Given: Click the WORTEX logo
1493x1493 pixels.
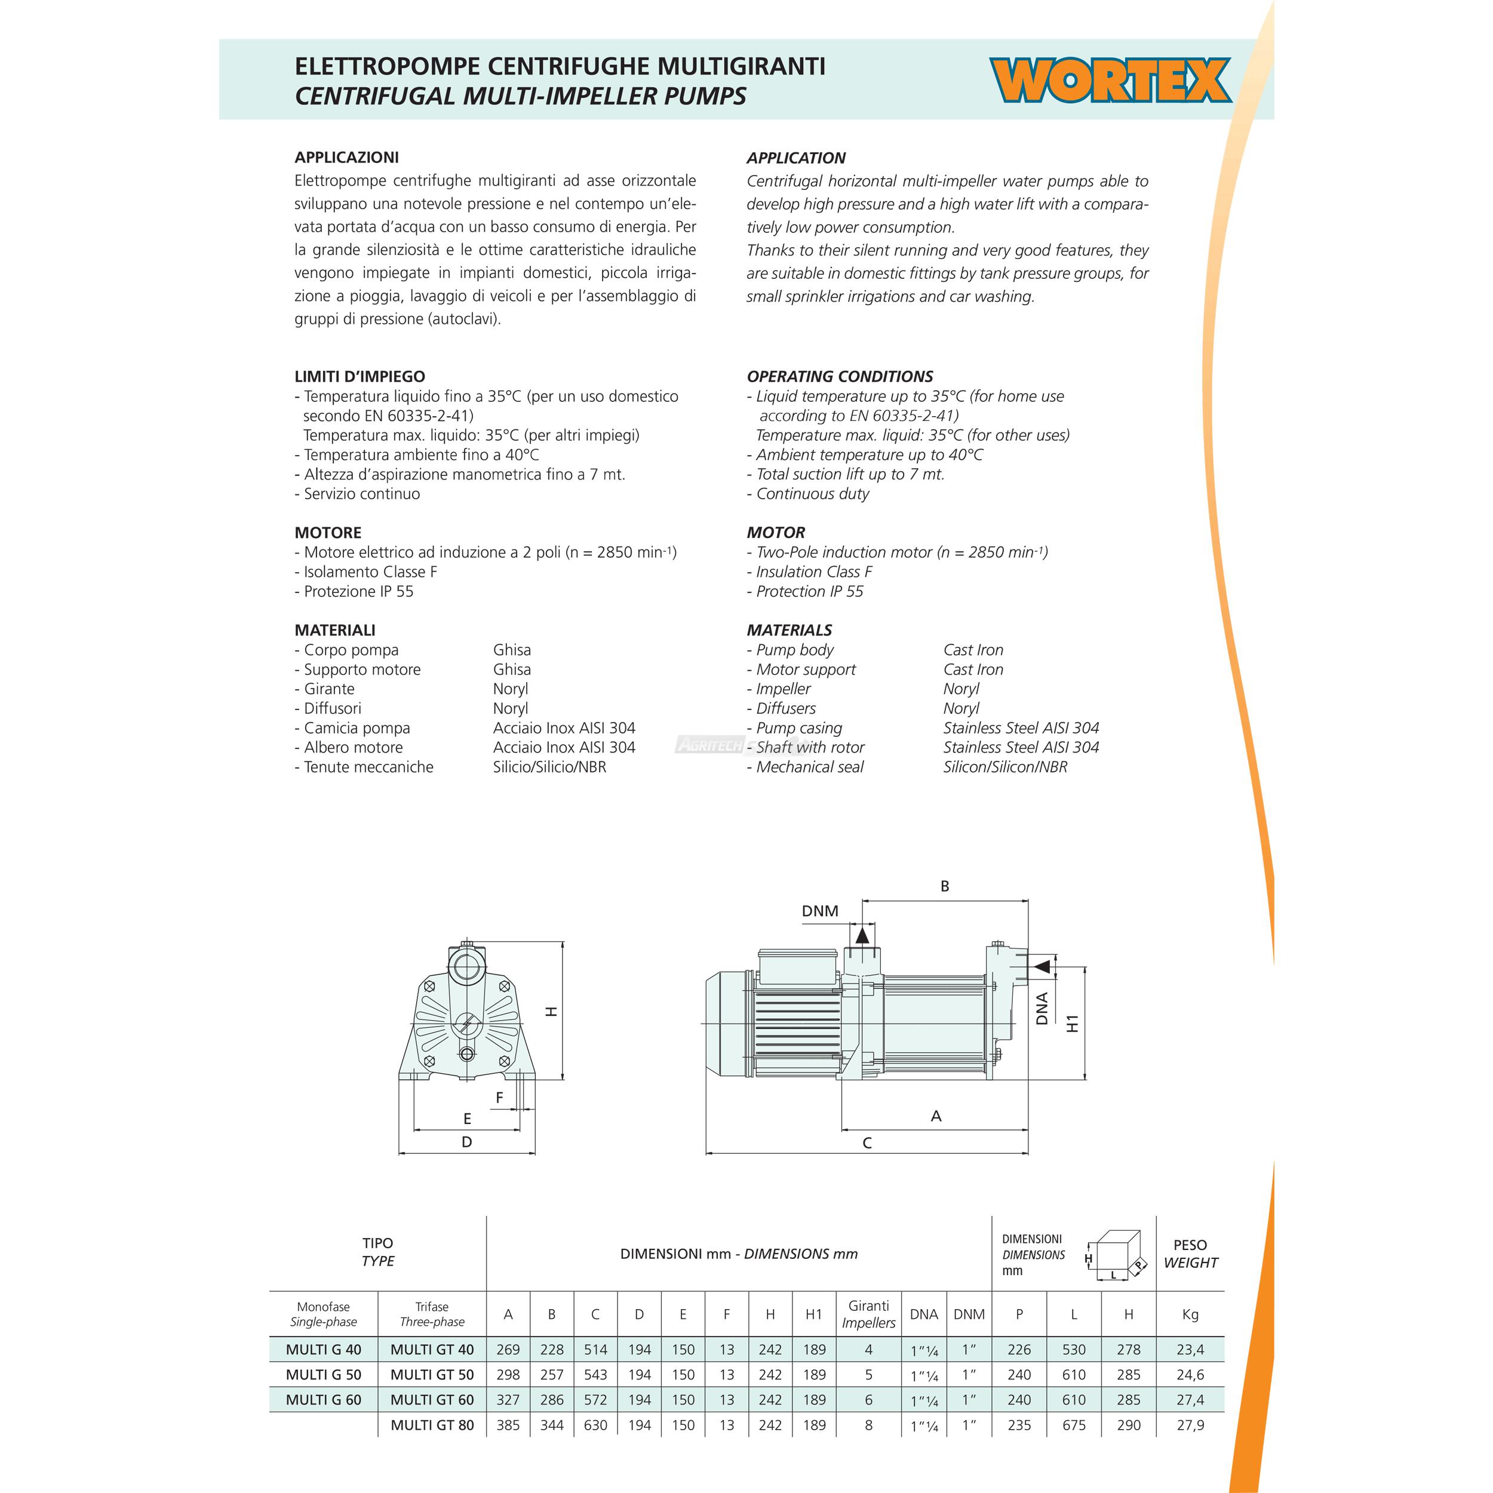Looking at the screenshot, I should point(1110,81).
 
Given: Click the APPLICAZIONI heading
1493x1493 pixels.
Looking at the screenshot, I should point(346,158).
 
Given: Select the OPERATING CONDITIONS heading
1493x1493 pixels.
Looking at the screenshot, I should point(839,376).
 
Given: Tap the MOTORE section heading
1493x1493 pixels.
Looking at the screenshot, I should point(328,533).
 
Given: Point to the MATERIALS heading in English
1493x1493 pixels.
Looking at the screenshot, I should point(789,630).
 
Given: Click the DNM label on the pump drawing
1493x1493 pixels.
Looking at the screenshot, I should point(820,911).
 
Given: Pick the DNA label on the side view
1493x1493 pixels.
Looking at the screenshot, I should point(1042,1009).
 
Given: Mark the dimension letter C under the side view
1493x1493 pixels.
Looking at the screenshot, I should point(867,1143).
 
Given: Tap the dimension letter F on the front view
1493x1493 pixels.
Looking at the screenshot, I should point(499,1097).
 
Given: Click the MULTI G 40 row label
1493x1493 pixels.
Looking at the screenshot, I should point(323,1349).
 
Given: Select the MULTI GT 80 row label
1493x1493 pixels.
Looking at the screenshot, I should point(432,1425).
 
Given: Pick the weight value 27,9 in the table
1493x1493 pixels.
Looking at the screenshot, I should point(1190,1425).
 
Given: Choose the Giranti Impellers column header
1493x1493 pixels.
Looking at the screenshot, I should point(868,1314).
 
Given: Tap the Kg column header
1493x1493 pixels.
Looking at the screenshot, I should point(1190,1314).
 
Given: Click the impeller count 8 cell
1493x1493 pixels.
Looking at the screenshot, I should point(868,1425).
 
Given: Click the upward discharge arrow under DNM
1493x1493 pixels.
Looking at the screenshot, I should point(862,936).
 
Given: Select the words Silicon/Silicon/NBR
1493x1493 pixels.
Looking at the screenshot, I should point(1004,767).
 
